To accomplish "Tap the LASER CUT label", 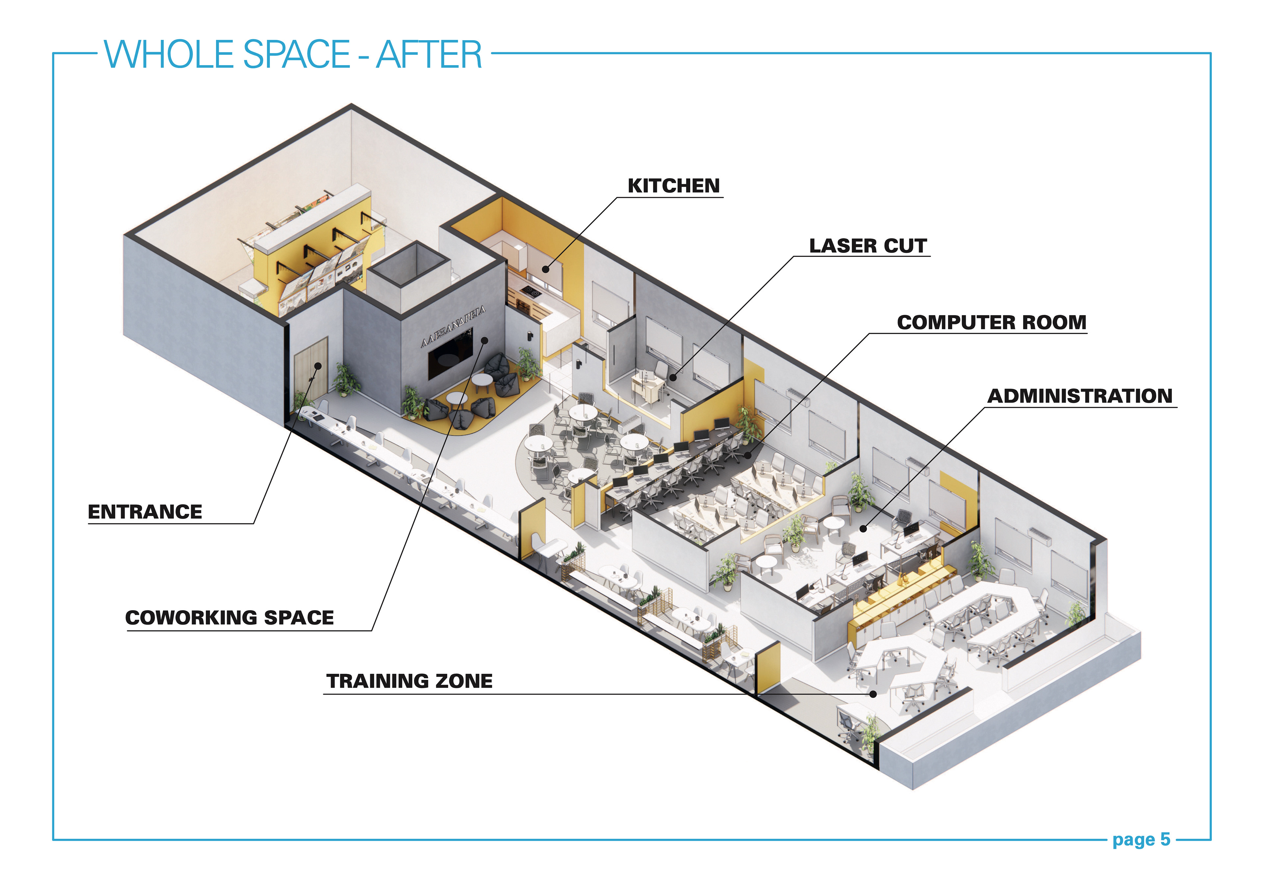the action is tap(868, 246).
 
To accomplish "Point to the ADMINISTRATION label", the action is tap(1080, 396).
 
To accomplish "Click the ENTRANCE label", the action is tap(145, 512).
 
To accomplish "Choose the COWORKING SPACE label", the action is tap(229, 618).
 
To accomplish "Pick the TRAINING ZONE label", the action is tap(409, 681).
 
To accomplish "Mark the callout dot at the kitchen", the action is tap(545, 269).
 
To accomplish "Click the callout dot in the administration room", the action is tap(863, 529).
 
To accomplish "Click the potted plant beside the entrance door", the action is tap(346, 379).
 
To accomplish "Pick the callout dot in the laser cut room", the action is tap(673, 378).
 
